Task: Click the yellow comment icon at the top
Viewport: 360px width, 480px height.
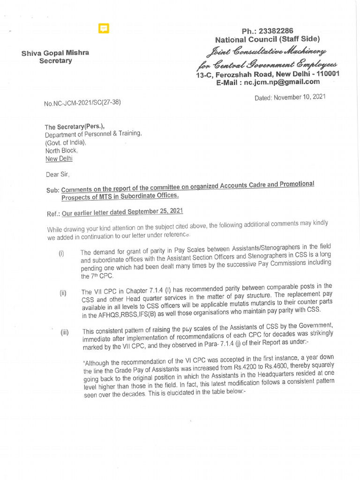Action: (x=104, y=29)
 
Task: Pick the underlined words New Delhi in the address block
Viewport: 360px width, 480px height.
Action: (x=59, y=158)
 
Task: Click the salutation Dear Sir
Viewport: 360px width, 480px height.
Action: (x=57, y=174)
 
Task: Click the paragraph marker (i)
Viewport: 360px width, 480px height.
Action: (x=61, y=254)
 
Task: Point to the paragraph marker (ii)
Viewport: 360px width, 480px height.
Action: (x=63, y=294)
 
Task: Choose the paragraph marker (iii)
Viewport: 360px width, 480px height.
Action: (x=64, y=333)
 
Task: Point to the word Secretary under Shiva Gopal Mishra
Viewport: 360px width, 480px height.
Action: (x=55, y=61)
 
